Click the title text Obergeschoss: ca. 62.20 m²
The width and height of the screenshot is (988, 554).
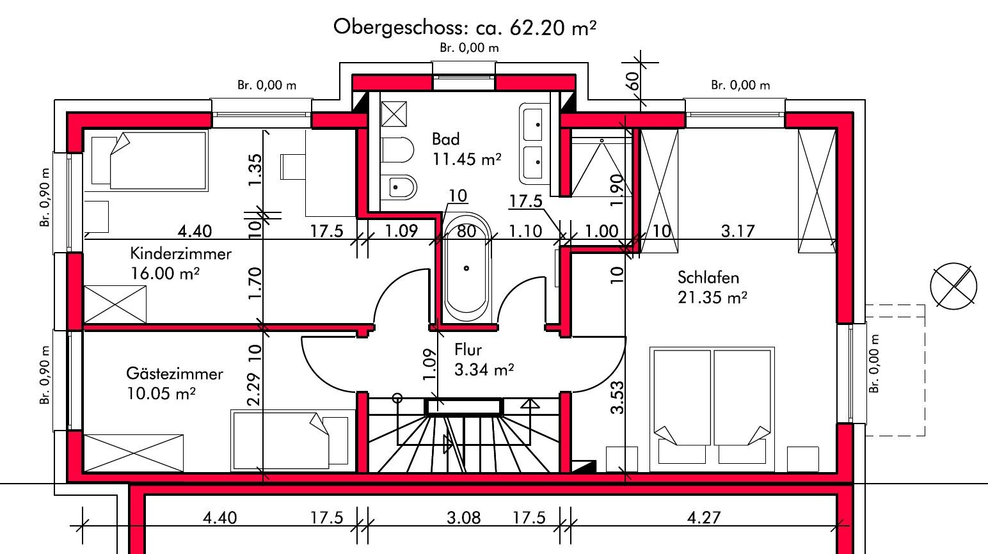[465, 27]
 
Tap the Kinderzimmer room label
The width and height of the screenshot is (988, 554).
[180, 253]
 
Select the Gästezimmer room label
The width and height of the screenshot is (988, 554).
[174, 373]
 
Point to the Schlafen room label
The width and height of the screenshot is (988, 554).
[708, 278]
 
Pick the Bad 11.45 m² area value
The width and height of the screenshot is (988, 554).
[466, 159]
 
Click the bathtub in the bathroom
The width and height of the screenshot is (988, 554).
[466, 269]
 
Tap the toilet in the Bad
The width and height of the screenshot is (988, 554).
[398, 152]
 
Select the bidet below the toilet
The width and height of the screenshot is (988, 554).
[402, 187]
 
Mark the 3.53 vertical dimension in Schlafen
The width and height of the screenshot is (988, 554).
[617, 397]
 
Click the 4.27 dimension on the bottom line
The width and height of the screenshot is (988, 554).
[703, 517]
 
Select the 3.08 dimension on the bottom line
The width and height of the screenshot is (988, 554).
[463, 517]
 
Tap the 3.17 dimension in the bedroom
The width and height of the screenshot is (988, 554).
[738, 230]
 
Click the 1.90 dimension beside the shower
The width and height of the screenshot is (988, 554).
[617, 189]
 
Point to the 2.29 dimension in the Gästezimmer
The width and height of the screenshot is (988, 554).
[253, 390]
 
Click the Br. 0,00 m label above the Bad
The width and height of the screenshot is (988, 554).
[469, 48]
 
